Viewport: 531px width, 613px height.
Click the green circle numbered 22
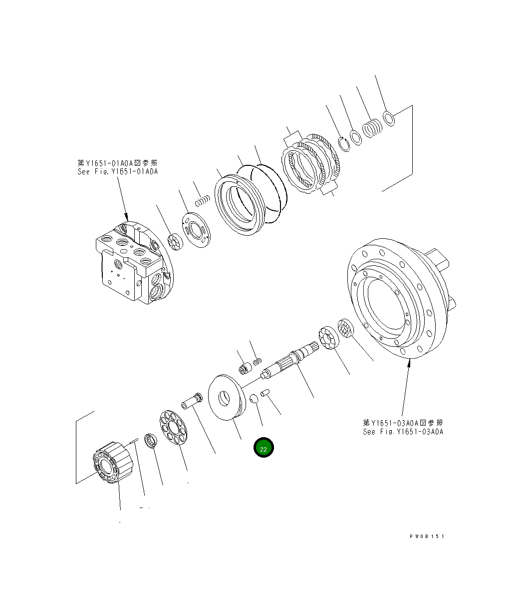(264, 448)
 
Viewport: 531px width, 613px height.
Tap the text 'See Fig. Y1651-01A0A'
(117, 171)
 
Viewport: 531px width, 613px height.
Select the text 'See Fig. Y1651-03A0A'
(403, 432)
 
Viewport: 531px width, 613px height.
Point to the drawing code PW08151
(427, 536)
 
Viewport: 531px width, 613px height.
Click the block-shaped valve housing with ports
(130, 262)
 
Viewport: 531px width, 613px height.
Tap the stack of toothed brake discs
(312, 165)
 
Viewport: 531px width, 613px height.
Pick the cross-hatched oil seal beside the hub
(345, 328)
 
